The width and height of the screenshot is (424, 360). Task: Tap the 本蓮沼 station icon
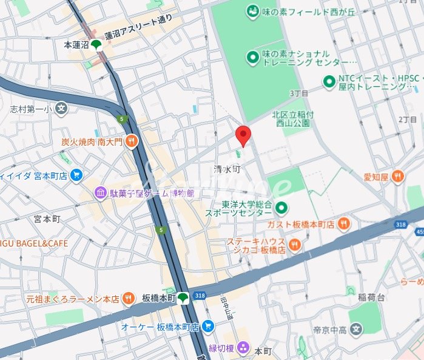pos(96,44)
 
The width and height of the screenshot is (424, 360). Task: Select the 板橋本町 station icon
pos(183,297)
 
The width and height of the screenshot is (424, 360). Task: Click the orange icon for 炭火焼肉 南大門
pos(132,142)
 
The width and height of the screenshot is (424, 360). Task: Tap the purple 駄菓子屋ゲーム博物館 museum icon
pos(100,193)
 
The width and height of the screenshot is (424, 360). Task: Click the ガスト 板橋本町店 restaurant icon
pos(344,224)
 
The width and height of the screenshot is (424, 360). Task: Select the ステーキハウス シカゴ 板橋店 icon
pos(295,244)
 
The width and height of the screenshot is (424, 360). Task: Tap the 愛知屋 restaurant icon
pos(397,177)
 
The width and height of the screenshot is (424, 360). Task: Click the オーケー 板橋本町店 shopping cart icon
pos(208,327)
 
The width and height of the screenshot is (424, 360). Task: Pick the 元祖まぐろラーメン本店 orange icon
pos(129,298)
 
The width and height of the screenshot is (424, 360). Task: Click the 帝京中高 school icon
pos(357,330)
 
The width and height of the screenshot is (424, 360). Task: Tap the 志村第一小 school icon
pos(61,109)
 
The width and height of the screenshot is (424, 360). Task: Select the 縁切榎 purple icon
pos(243,347)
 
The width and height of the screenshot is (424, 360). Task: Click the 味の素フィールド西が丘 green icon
pos(252,11)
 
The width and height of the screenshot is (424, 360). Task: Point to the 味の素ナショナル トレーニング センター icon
pos(252,58)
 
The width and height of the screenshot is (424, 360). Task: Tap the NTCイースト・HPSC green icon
pos(329,81)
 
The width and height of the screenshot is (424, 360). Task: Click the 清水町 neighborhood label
pos(227,169)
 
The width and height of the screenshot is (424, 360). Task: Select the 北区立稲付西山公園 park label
pos(291,118)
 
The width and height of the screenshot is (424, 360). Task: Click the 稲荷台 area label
pos(371,297)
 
